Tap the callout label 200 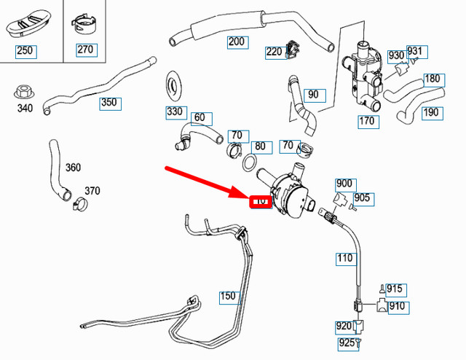[237, 42]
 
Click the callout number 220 [275, 52]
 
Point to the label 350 [108, 102]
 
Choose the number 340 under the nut [25, 109]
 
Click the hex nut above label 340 [23, 93]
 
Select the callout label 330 [175, 111]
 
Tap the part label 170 [366, 121]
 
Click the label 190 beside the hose [431, 112]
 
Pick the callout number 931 [414, 52]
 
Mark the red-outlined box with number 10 [260, 201]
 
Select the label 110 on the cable [345, 257]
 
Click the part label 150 [229, 297]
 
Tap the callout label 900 [344, 183]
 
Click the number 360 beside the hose [73, 167]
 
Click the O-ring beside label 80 [248, 161]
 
